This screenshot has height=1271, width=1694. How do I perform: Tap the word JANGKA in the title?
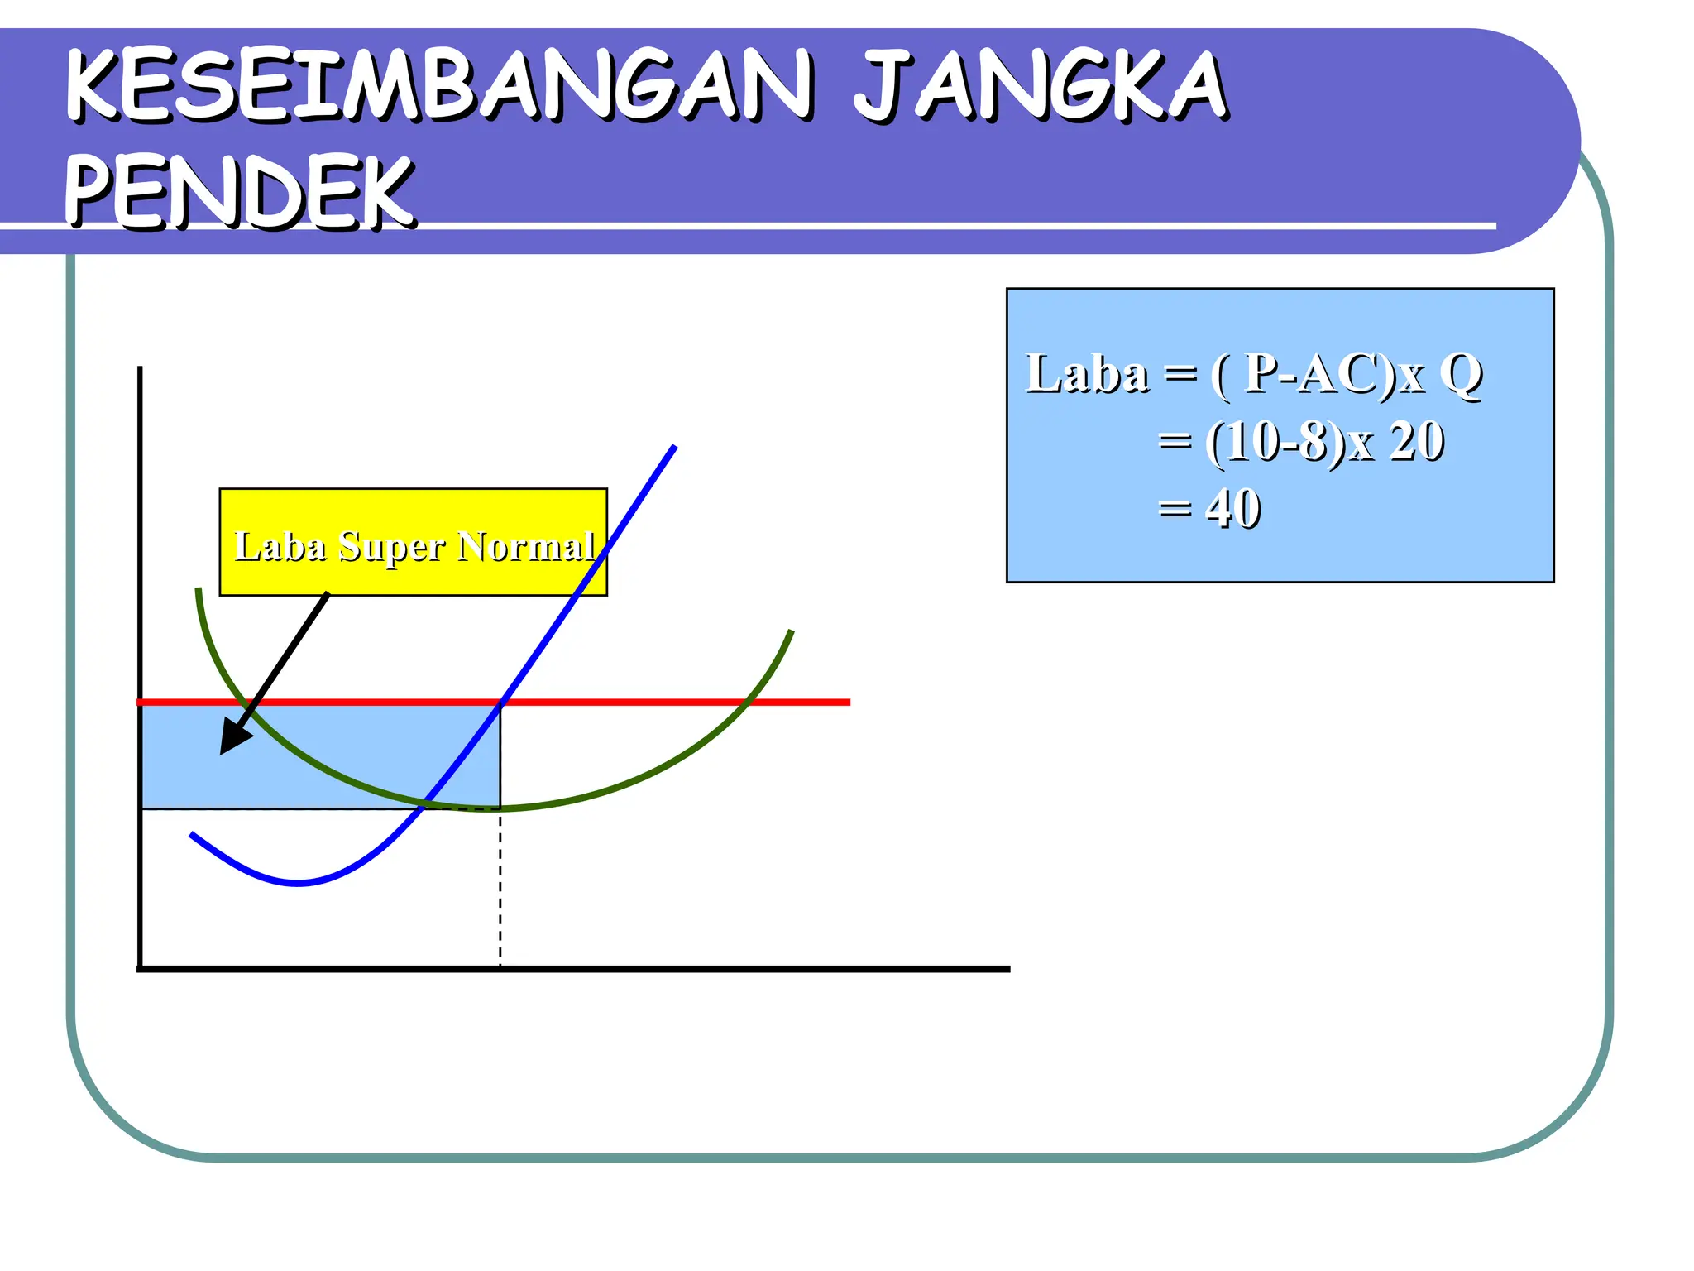click(x=1040, y=86)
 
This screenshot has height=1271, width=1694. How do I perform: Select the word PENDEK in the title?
click(x=240, y=192)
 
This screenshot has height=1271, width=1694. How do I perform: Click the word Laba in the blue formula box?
click(x=1087, y=374)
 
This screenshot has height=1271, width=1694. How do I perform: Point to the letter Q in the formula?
click(x=1461, y=374)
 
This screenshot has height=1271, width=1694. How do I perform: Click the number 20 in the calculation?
click(x=1416, y=442)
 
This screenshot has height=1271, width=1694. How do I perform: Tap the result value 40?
click(x=1233, y=508)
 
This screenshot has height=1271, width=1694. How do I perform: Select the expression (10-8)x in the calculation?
click(x=1290, y=442)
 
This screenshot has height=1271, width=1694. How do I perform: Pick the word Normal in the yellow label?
click(x=526, y=546)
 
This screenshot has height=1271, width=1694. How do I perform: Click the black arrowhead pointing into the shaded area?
click(x=232, y=741)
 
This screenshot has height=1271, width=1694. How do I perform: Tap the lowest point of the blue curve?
click(x=298, y=884)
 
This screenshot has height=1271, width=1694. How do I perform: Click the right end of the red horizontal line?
click(x=849, y=703)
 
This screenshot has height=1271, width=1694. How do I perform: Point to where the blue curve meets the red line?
click(x=501, y=703)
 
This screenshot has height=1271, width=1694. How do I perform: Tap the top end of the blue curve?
click(x=675, y=447)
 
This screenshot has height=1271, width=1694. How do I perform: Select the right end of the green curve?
click(x=792, y=631)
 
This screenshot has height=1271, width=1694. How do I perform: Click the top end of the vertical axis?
click(x=140, y=368)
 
